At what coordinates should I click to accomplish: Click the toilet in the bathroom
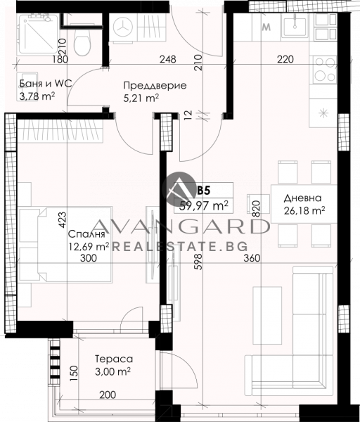82,40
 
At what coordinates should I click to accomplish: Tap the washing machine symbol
123,27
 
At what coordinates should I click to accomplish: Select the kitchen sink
295,25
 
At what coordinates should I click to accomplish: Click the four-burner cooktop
325,70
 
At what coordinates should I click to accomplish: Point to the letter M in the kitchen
266,27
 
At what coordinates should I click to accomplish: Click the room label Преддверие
155,85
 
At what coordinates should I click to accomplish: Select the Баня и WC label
46,84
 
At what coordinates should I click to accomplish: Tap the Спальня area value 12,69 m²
89,246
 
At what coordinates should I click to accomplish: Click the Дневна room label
302,198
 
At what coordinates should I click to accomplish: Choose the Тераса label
114,359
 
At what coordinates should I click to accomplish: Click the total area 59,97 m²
204,206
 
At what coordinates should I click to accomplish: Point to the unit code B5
204,191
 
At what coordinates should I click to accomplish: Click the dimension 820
256,210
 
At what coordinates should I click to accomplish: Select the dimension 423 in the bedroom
62,220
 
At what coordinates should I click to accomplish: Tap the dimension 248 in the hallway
168,59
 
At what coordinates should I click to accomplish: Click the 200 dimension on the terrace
108,395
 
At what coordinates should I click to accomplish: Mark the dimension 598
198,262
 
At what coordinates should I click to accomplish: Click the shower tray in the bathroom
37,35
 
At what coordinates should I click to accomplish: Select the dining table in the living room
304,204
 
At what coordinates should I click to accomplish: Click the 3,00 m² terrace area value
112,371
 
